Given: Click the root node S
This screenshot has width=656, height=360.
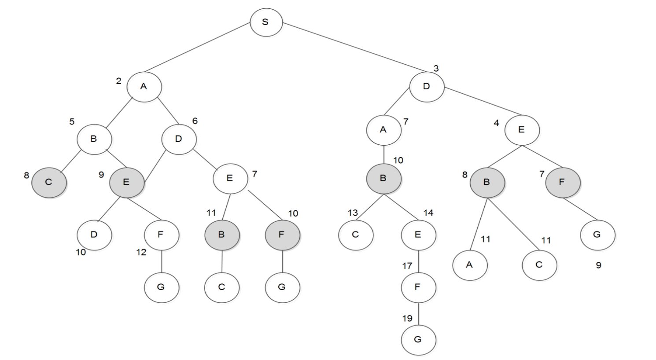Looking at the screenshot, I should pyautogui.click(x=266, y=22).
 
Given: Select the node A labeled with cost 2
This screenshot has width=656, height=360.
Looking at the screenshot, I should pyautogui.click(x=144, y=86).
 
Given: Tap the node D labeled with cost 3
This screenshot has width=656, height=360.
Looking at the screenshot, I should pyautogui.click(x=426, y=86).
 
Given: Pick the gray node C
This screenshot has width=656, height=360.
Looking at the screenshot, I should pyautogui.click(x=49, y=182).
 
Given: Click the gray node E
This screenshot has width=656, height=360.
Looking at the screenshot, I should pyautogui.click(x=126, y=182).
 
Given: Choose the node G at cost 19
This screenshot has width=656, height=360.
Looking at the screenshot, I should pyautogui.click(x=418, y=339).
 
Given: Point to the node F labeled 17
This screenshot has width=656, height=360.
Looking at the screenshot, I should pyautogui.click(x=418, y=287).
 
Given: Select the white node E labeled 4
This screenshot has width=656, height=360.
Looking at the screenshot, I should pyautogui.click(x=522, y=130).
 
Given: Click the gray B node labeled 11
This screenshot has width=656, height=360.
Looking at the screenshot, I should pyautogui.click(x=222, y=235).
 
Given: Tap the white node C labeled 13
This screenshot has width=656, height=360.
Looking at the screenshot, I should pyautogui.click(x=356, y=235).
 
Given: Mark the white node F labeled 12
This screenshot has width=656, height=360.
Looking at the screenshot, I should pyautogui.click(x=161, y=235).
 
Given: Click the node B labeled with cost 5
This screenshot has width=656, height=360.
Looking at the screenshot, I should pyautogui.click(x=94, y=139).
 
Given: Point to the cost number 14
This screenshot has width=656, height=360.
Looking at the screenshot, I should pyautogui.click(x=428, y=213).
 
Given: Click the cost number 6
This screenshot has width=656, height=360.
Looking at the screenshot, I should pyautogui.click(x=195, y=121).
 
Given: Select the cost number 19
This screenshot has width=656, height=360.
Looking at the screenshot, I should pyautogui.click(x=407, y=318).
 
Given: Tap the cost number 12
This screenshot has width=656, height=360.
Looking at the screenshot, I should pyautogui.click(x=141, y=253).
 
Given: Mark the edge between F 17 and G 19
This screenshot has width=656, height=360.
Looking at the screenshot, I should pyautogui.click(x=418, y=313).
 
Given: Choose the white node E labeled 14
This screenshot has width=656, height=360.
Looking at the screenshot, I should pyautogui.click(x=418, y=235).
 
